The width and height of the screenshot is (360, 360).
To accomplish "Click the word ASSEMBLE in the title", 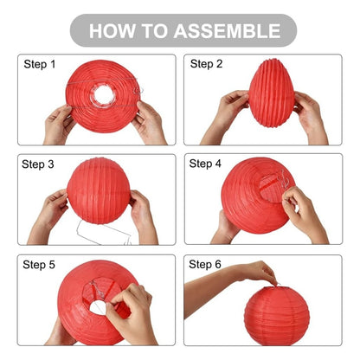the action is click(x=227, y=31).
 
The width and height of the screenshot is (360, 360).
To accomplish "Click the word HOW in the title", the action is click(x=112, y=31).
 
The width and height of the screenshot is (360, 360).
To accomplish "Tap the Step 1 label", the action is click(x=40, y=64).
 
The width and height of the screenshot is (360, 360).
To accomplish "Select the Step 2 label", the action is click(x=206, y=64).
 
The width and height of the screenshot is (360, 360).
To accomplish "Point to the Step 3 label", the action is click(x=38, y=164).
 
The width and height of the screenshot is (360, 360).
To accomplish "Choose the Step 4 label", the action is click(x=205, y=164).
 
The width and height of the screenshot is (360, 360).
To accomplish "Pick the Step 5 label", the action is click(x=39, y=265).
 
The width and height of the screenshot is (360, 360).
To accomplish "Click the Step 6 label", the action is click(x=205, y=264).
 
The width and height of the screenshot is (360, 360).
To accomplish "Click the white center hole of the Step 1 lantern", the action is click(x=104, y=95).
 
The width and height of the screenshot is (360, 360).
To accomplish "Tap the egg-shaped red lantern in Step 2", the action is click(x=271, y=93).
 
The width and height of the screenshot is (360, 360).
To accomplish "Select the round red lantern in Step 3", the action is click(x=99, y=190).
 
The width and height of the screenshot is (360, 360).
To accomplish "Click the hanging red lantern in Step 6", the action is click(x=277, y=316).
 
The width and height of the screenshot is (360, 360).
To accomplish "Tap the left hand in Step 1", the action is click(x=59, y=123).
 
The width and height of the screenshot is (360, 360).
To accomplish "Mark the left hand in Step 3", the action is click(x=49, y=215).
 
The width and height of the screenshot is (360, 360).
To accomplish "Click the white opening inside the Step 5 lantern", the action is click(x=98, y=307).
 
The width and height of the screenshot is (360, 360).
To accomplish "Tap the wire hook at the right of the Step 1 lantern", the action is click(x=138, y=91).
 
